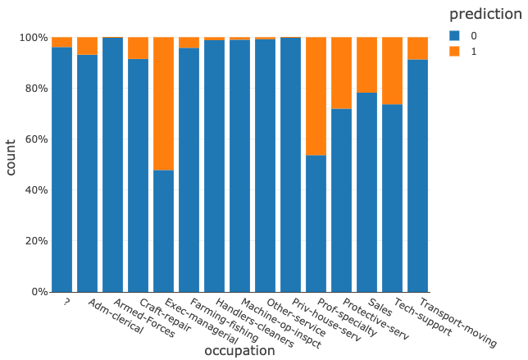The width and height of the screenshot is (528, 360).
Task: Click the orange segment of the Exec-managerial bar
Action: (163, 103)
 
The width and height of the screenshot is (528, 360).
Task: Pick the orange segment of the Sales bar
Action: (366, 65)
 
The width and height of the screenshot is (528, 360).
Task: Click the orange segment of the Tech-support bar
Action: (392, 71)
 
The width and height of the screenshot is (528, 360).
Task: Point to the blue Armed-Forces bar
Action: (112, 164)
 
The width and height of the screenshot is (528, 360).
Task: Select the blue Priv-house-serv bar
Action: (290, 164)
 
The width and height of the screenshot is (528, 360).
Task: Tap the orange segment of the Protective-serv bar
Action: (341, 73)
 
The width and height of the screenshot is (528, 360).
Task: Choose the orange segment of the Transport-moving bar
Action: (417, 48)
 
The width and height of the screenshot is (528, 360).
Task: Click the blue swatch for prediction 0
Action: (455, 35)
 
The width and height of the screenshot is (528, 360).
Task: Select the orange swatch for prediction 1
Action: (455, 50)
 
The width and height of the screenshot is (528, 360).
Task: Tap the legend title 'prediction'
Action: (485, 14)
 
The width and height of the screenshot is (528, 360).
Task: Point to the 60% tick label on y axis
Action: (34, 139)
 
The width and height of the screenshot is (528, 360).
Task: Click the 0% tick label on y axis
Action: (38, 292)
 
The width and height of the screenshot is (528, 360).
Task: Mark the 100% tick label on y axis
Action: (32, 38)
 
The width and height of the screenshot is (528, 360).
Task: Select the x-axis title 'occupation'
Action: (239, 350)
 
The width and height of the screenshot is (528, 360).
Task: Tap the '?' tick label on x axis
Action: (66, 301)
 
